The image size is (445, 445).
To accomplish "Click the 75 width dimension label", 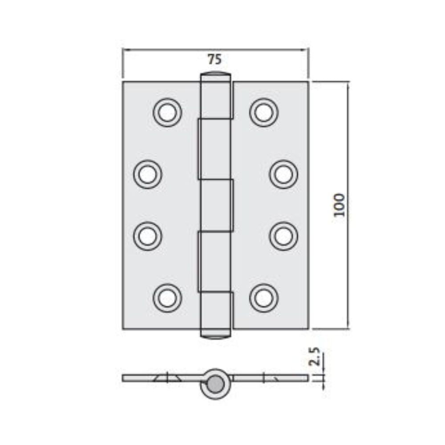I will (x=214, y=58).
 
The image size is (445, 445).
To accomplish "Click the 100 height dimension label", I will (x=339, y=205).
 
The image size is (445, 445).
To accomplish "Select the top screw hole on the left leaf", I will (x=167, y=112).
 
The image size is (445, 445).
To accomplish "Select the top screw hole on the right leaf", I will (x=264, y=112).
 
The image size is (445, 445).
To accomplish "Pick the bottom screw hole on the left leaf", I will (x=167, y=297).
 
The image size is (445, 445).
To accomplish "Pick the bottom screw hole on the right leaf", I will (x=264, y=297).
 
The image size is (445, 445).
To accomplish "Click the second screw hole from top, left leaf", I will (x=147, y=174).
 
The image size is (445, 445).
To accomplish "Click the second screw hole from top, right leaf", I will (x=283, y=174).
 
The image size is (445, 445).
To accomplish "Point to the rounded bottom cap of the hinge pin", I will (x=216, y=336).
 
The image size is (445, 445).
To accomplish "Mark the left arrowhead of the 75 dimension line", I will (x=125, y=49).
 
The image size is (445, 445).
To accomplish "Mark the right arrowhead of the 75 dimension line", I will (x=306, y=49).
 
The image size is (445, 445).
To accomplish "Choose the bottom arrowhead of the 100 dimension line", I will (x=348, y=327).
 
